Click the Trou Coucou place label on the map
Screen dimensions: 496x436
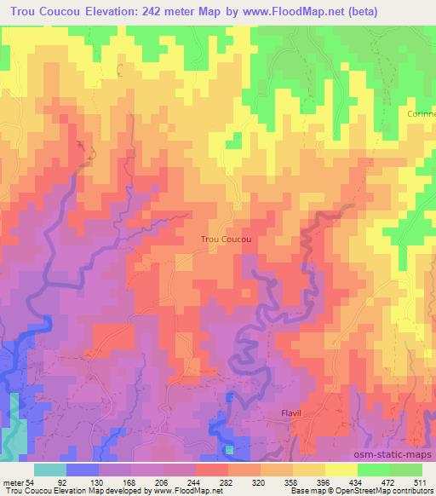click(x=226, y=240)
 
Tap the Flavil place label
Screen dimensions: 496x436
click(x=292, y=413)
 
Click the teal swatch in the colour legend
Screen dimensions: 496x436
click(x=50, y=470)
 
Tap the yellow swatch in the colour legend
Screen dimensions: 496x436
click(x=341, y=470)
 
